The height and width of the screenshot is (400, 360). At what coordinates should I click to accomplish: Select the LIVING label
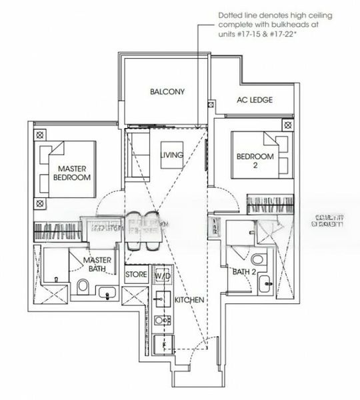coord(171,155)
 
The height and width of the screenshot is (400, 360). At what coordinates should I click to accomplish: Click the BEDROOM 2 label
coord(255,161)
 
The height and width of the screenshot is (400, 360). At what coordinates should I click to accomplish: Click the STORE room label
coord(136,275)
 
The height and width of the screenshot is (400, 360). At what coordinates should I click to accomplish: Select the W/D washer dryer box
coord(163,275)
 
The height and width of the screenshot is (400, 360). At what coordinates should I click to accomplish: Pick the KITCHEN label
coord(189,301)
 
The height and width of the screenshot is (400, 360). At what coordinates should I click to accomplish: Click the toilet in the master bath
coord(83,287)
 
